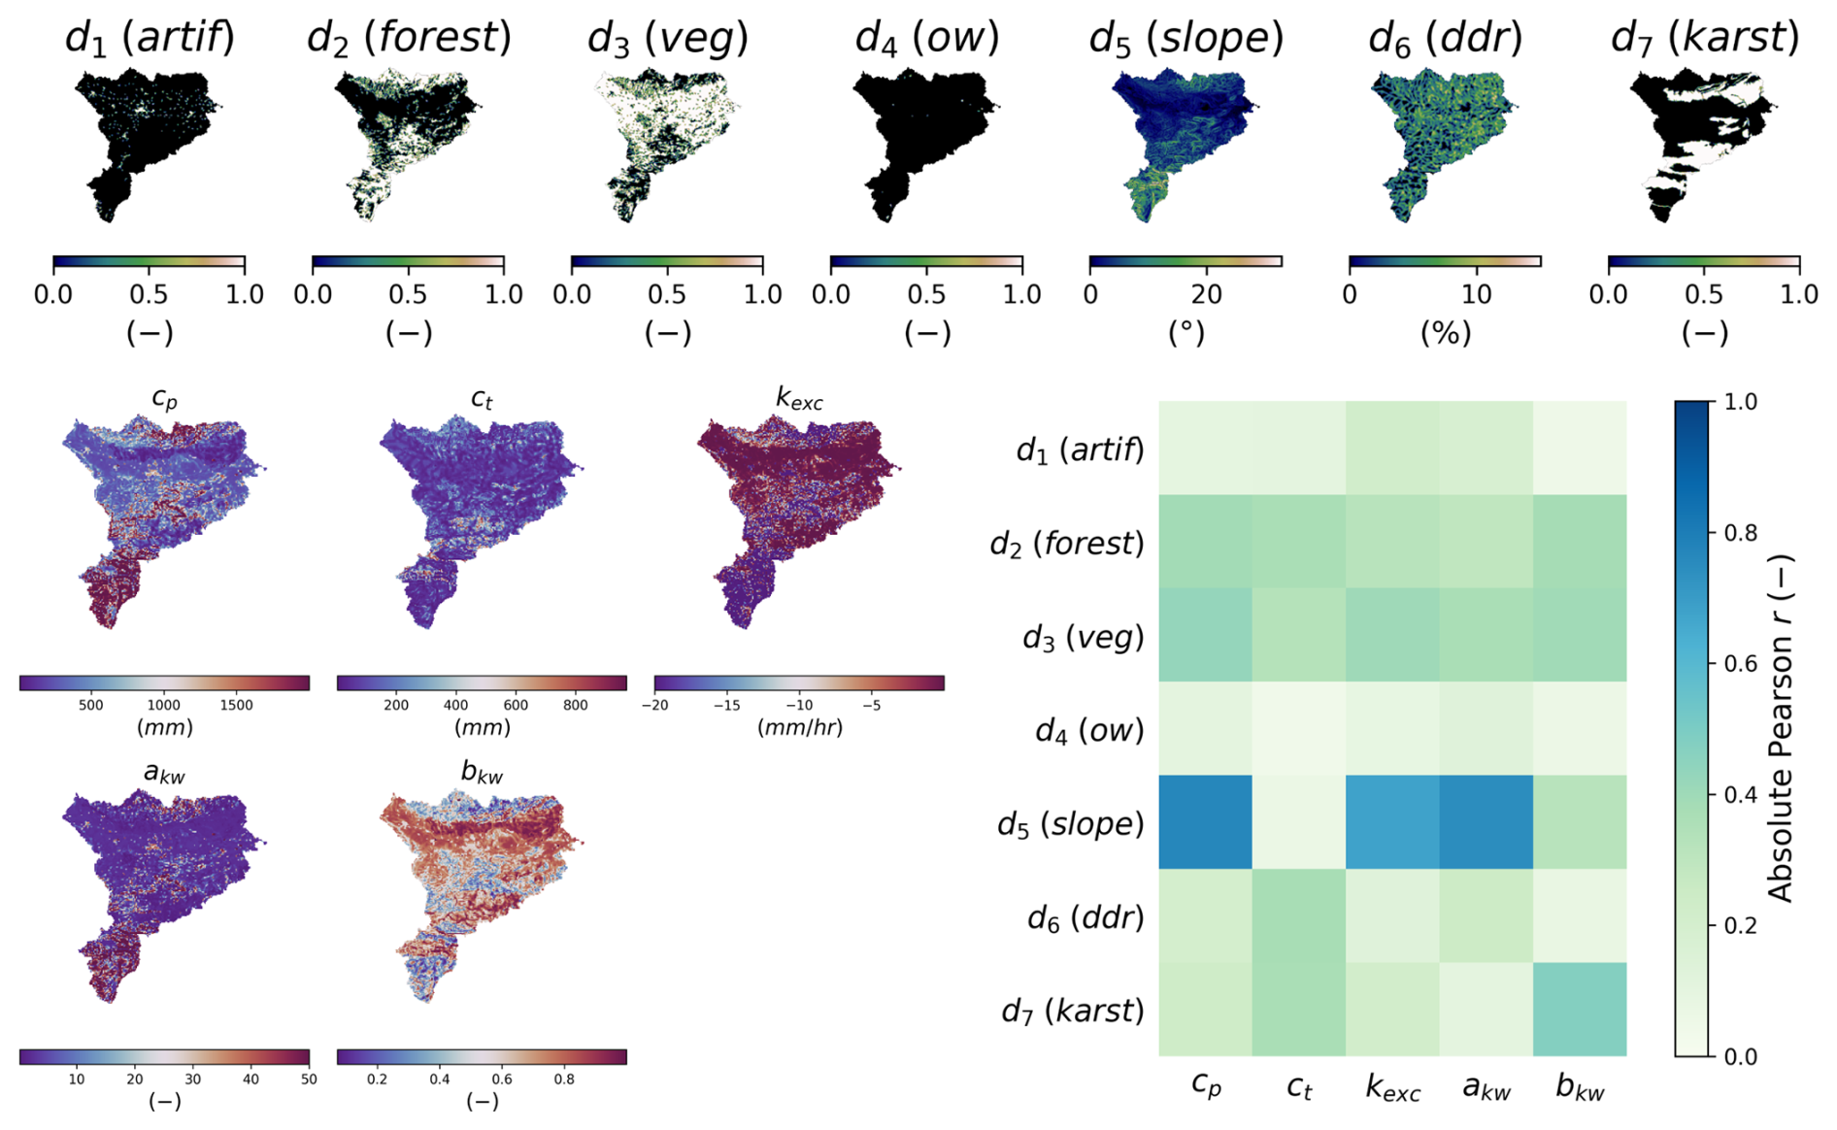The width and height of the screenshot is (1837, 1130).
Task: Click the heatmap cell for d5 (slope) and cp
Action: tap(1205, 822)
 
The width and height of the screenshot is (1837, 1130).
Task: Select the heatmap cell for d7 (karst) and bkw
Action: tap(1580, 1010)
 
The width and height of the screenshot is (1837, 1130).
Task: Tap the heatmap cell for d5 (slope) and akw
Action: tap(1486, 822)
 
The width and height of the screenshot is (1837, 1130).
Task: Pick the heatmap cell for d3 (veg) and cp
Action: tap(1205, 635)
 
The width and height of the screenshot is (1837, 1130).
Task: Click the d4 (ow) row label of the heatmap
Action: tap(1089, 730)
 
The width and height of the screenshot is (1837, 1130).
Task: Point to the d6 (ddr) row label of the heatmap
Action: tap(1085, 917)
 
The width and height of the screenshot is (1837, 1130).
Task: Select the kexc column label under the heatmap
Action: tap(1392, 1088)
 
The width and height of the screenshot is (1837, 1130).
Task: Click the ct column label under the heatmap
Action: tap(1299, 1087)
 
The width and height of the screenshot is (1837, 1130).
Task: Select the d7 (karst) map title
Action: tap(1704, 37)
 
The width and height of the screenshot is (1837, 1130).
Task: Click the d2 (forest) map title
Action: tap(409, 37)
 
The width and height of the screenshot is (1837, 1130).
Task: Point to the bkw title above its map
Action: tap(482, 774)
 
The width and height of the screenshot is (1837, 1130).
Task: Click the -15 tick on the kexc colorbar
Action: tap(726, 706)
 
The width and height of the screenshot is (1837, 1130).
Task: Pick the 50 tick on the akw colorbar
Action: tap(309, 1080)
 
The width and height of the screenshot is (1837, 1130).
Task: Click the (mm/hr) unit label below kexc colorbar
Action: tap(799, 727)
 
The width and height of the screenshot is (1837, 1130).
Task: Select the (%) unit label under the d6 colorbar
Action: tap(1445, 333)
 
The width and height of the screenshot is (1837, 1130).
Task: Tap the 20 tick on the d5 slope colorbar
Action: tap(1207, 294)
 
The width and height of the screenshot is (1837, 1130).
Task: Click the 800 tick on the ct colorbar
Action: tap(576, 706)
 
